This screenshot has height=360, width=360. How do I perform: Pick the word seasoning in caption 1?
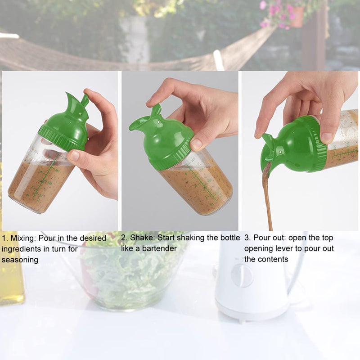point(20,260)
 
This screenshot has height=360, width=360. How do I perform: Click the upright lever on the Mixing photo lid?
point(85,100)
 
